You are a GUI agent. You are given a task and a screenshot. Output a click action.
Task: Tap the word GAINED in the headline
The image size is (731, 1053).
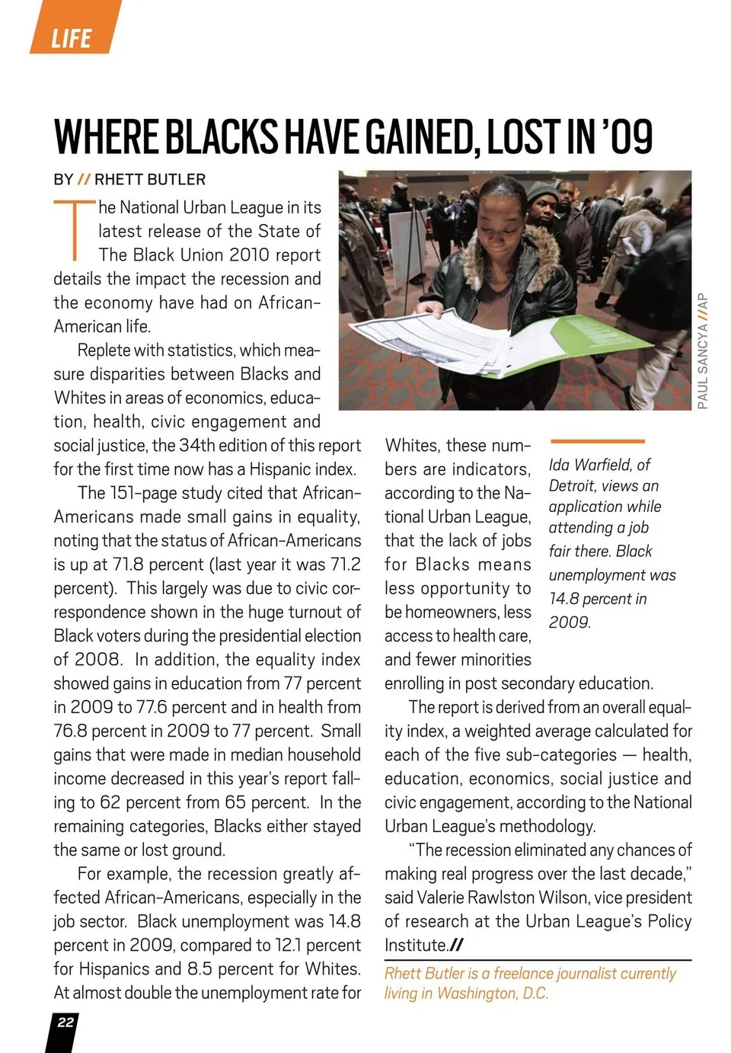click(x=420, y=137)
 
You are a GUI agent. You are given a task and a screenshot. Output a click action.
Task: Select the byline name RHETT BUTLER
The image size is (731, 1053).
click(x=150, y=180)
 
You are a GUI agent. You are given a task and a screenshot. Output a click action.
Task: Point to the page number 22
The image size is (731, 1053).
click(x=65, y=1023)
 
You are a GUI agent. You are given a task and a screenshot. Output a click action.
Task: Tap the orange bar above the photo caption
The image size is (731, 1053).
click(x=597, y=441)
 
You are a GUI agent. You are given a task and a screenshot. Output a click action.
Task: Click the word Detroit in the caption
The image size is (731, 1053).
click(x=575, y=486)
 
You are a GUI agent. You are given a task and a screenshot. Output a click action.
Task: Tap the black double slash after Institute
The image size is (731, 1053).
click(x=455, y=946)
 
